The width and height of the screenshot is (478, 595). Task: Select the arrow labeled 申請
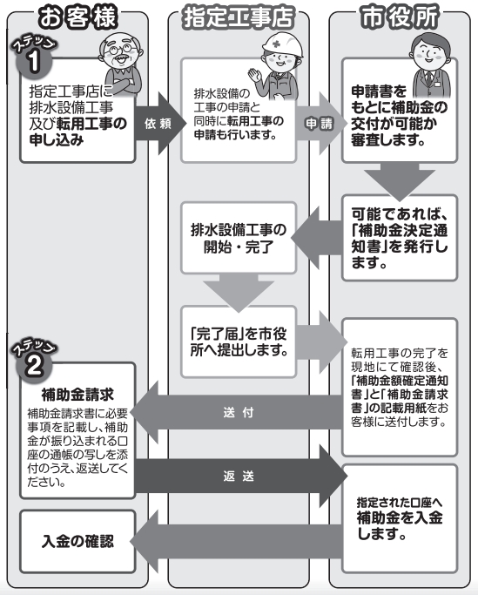[315, 124]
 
